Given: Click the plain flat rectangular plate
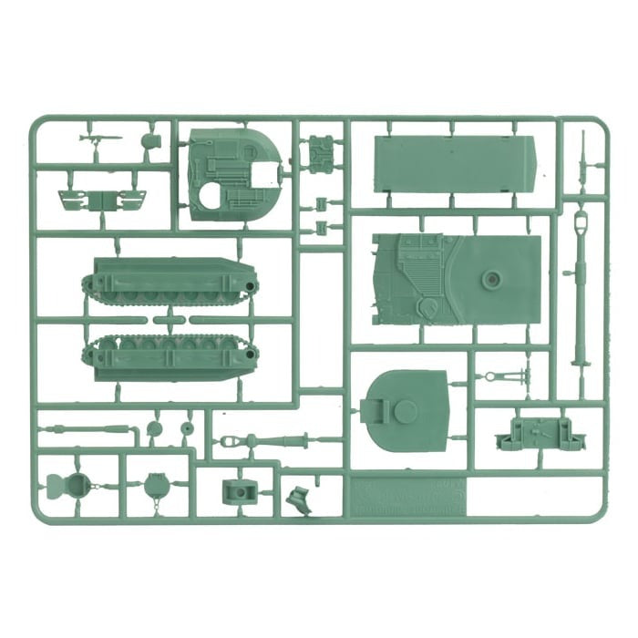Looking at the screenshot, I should pos(454,164).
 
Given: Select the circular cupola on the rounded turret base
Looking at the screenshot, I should pos(405,411).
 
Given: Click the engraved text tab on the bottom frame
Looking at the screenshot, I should pos(406,499).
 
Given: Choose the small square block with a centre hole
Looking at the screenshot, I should pos(239,491).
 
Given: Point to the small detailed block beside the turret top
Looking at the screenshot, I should pos(320,151).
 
